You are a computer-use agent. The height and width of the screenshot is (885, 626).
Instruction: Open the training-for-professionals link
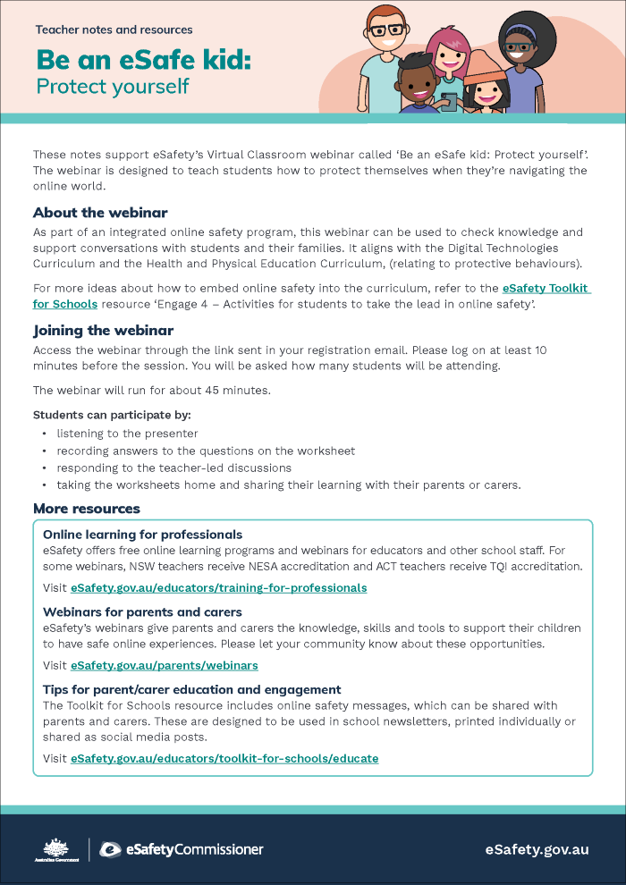coord(219,588)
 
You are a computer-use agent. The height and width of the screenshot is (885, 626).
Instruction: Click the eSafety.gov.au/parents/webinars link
coord(165,666)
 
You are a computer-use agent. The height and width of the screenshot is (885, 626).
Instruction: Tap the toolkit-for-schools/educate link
coord(224,758)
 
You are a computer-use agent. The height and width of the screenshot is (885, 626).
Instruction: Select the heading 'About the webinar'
coord(100,213)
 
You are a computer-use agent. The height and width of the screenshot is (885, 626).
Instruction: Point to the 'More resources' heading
coord(87,509)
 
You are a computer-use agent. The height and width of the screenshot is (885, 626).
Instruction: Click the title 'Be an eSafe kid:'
coord(143,60)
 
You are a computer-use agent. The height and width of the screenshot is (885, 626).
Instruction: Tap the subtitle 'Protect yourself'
coord(113,87)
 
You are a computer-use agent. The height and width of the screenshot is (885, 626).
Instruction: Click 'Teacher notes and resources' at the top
coord(114,29)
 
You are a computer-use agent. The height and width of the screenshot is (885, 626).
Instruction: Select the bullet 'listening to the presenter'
coord(127,434)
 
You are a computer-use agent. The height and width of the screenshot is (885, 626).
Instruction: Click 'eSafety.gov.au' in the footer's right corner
coord(537,849)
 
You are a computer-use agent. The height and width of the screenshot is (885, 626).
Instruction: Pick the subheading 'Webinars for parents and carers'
coord(142,612)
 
